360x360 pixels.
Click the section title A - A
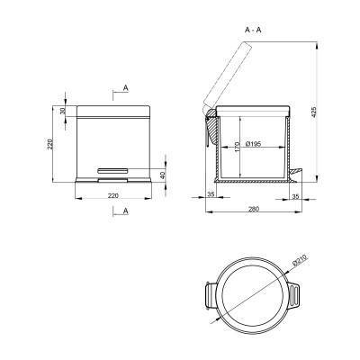click(x=253, y=30)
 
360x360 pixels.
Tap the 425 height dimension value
click(x=314, y=112)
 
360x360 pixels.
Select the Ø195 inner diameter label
click(x=253, y=144)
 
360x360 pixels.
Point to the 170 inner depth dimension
click(x=237, y=147)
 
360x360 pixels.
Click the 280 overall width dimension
click(x=254, y=209)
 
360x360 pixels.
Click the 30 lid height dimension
click(x=62, y=111)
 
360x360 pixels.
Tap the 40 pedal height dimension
click(x=163, y=175)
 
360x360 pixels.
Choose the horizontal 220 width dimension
click(x=113, y=195)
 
